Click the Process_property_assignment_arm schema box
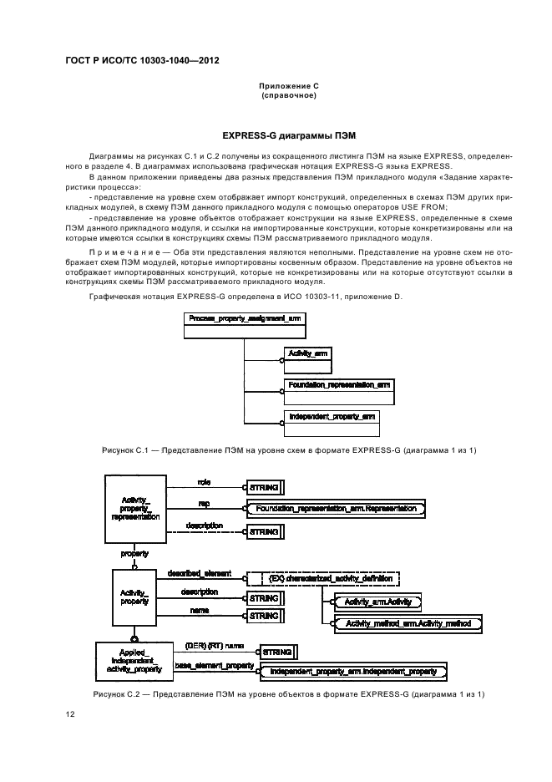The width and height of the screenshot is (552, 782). coord(244,324)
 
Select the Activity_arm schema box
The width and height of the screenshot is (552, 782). coord(306,359)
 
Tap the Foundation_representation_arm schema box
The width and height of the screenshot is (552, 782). coord(338,389)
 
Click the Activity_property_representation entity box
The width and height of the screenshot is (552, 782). coord(134,505)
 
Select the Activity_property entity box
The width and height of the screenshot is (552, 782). coord(134,596)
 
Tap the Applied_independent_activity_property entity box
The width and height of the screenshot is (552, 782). coord(134,662)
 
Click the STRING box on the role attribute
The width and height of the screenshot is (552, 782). coord(264,486)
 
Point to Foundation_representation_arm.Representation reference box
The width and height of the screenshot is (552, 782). coord(337,508)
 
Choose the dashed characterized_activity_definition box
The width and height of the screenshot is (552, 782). coord(323,577)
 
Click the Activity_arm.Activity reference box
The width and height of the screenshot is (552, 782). coord(377,601)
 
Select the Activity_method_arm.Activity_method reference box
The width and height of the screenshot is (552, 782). coord(407,623)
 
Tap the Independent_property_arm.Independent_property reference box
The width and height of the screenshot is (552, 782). coord(353,670)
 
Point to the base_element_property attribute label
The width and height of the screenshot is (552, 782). coord(215,665)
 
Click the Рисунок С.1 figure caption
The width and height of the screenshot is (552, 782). coord(289,450)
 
